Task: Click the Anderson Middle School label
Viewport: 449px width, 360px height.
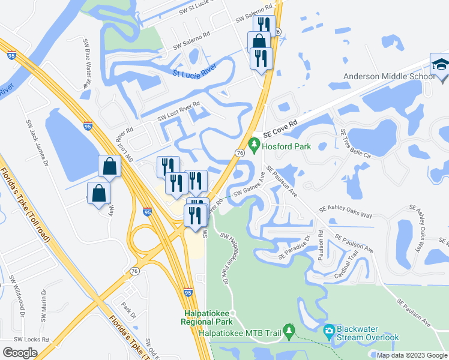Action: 389,76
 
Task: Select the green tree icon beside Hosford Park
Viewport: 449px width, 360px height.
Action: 255,145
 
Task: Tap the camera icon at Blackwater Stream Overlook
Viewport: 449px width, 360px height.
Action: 329,331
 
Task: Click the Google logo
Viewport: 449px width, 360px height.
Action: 20,352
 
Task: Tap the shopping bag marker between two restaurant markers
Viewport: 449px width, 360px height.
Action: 260,43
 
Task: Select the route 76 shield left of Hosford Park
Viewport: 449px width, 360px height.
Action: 240,154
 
